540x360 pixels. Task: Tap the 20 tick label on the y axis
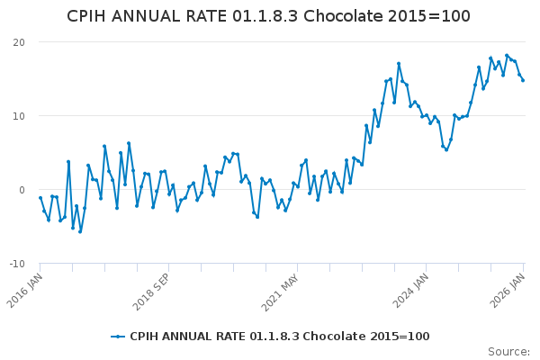[18, 42]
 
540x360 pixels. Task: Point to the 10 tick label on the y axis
[18, 116]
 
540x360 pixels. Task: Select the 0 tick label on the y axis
[21, 190]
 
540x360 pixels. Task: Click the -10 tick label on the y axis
[16, 264]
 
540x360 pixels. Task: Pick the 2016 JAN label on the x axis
[27, 288]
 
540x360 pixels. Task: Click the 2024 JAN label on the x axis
[414, 288]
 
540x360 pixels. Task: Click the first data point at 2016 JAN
[40, 198]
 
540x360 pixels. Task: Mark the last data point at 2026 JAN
[523, 81]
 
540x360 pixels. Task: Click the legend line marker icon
[117, 337]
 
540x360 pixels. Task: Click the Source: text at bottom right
[508, 352]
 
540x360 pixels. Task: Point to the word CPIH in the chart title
[90, 17]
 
